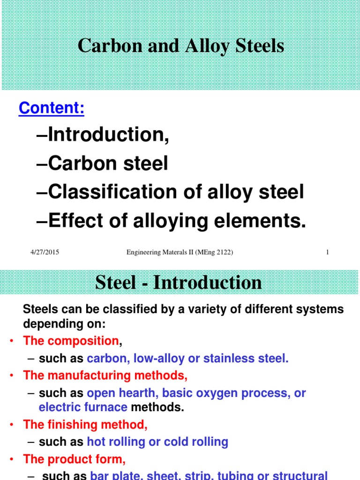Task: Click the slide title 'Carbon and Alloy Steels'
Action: tap(180, 46)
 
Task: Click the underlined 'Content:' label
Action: tap(52, 108)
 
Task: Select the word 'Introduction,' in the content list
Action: tap(108, 135)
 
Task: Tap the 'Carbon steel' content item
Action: tap(108, 164)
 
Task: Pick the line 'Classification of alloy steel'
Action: tap(176, 192)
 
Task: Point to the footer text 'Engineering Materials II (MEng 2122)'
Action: tap(180, 253)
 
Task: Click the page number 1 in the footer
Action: tap(327, 253)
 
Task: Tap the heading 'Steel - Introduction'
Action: tap(179, 283)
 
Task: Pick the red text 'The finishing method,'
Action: tap(85, 425)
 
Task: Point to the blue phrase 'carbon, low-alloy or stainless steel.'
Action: tap(188, 359)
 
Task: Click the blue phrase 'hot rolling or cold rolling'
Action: tap(157, 442)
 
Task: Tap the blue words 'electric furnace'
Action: tap(83, 407)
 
